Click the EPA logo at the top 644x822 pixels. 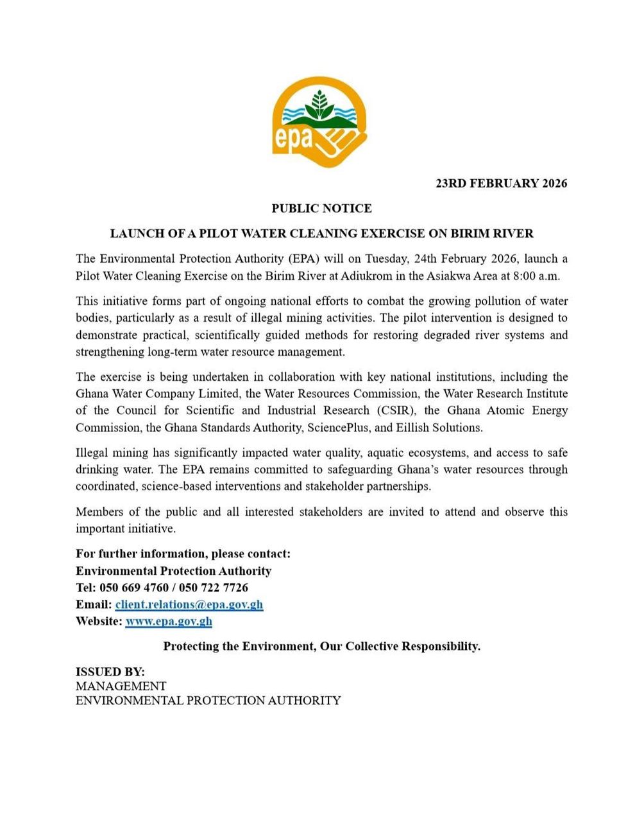click(x=319, y=123)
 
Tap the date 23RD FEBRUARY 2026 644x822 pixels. click(x=501, y=184)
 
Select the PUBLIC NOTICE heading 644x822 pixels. click(x=321, y=209)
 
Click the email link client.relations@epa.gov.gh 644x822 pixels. click(x=189, y=604)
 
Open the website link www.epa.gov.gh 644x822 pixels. click(x=169, y=621)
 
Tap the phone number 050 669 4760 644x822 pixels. click(x=134, y=588)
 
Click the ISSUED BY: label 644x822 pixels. click(x=110, y=672)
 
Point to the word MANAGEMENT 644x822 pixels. click(x=121, y=686)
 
